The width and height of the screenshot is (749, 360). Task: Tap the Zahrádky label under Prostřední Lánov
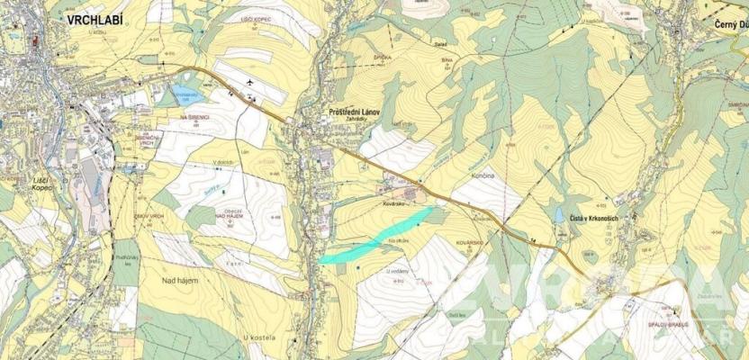[352, 121]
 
